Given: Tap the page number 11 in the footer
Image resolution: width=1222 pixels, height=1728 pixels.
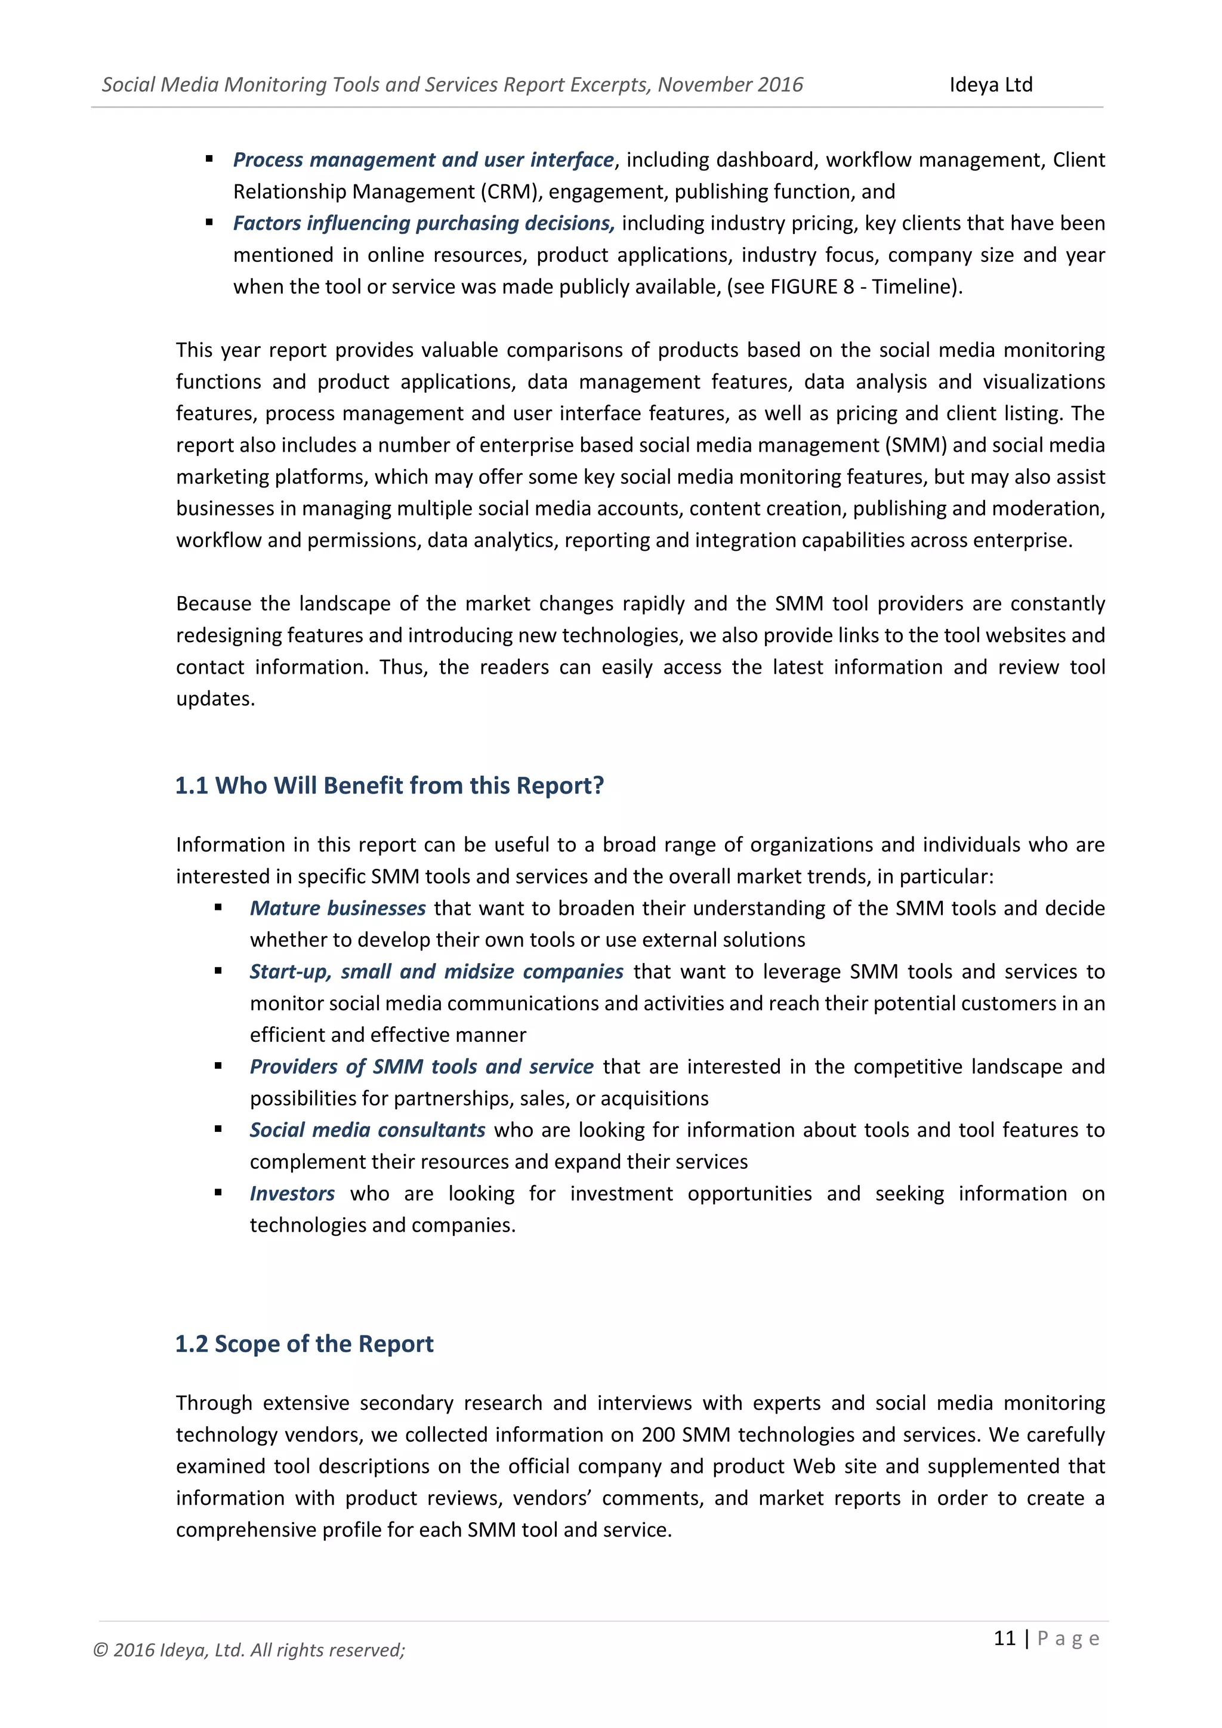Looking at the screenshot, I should pos(1005,1638).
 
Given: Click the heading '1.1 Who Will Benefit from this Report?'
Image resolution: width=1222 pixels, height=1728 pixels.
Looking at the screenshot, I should pos(389,785).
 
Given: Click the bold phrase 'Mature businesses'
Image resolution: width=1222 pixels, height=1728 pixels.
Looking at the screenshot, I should pos(338,908).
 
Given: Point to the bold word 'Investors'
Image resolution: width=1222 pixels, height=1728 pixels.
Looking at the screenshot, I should pos(292,1193).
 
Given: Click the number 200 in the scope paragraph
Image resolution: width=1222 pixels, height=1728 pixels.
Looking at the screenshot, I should pos(658,1434).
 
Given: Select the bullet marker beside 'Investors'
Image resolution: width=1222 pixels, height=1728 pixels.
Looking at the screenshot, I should pos(218,1192).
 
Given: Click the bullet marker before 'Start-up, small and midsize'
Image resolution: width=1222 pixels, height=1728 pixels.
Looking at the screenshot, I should pos(218,971).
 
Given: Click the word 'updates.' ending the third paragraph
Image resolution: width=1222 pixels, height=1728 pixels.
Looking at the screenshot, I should pos(215,699).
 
